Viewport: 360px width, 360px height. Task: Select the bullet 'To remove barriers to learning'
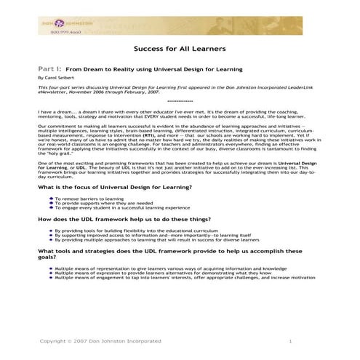[87, 198]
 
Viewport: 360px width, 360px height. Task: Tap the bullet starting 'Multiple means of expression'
[160, 273]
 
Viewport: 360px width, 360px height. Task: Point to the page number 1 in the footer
[289, 341]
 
